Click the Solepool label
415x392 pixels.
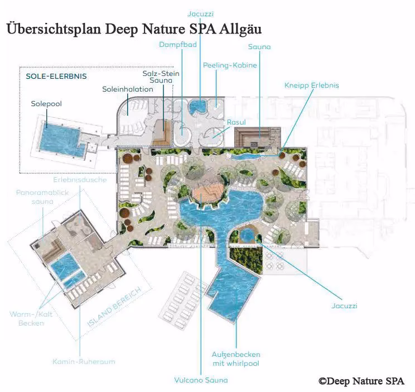point(46,104)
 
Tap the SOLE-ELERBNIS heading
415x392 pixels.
point(56,77)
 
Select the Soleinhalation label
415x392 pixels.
point(128,89)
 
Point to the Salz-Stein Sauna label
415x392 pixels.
point(161,77)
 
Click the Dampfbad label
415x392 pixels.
point(178,45)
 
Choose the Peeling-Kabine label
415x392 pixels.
point(230,65)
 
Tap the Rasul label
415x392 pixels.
point(237,122)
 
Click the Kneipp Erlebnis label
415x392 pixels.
point(311,85)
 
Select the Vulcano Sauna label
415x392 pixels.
point(201,380)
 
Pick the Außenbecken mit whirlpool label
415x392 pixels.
point(236,359)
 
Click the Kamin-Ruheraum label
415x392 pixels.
point(84,361)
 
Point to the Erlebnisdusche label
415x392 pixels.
point(80,180)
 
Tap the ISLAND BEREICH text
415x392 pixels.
point(114,308)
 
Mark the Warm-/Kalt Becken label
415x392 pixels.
point(31,319)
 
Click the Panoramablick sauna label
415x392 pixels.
point(42,197)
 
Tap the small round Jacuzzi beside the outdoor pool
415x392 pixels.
point(247,235)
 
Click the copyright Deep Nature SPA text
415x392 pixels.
point(361,381)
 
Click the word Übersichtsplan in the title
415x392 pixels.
point(54,28)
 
